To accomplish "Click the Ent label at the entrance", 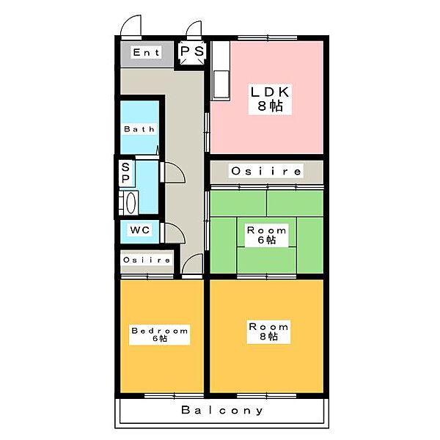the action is pos(146,52).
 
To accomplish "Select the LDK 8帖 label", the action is pos(270,99).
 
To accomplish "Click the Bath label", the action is pos(139,129).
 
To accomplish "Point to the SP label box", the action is pos(125,173).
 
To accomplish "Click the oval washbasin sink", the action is pos(131,202).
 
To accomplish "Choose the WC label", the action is pos(140,230).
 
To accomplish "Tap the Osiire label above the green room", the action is pos(266,171).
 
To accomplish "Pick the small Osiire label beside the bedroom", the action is pos(147,260).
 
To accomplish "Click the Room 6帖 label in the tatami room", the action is pos(267,235).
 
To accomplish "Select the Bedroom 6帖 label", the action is pos(159,335).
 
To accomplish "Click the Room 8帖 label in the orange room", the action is pos(268,331).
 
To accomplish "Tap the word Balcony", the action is pos(222,410).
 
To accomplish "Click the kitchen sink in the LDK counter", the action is pos(221,84).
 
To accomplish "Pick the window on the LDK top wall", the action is pos(268,38).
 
